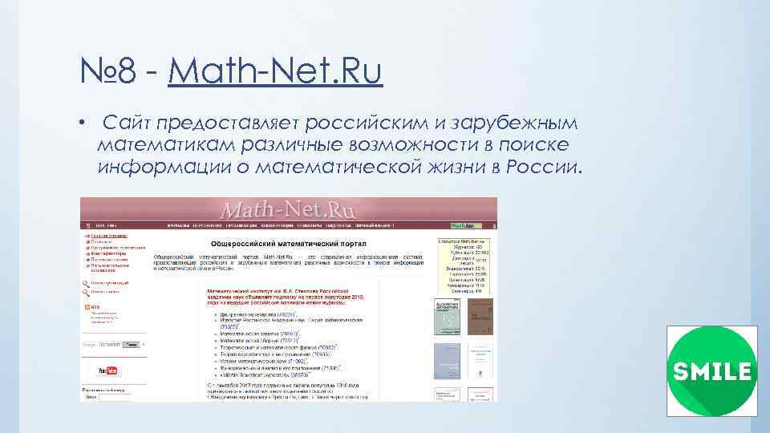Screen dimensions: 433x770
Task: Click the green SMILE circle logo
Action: point(712,371)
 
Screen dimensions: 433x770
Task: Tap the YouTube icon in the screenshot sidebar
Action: point(107,370)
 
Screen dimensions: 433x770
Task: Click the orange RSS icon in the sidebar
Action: point(87,307)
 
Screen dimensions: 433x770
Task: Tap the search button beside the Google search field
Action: point(131,345)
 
